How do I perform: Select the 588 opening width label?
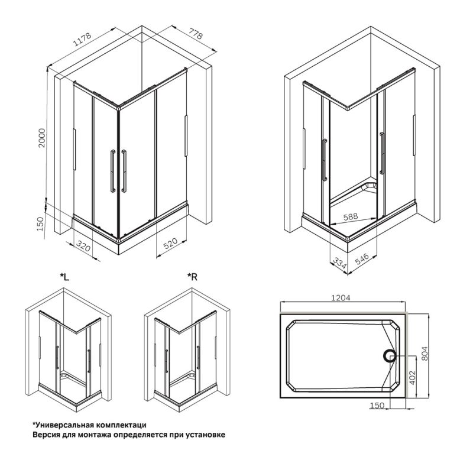click(x=351, y=217)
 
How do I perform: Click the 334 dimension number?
click(x=339, y=262)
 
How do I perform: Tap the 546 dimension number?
click(x=362, y=260)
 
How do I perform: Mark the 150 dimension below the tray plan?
click(x=377, y=405)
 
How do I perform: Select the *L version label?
click(x=66, y=277)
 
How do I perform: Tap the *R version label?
click(x=192, y=277)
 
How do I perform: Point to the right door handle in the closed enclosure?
click(x=124, y=171)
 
